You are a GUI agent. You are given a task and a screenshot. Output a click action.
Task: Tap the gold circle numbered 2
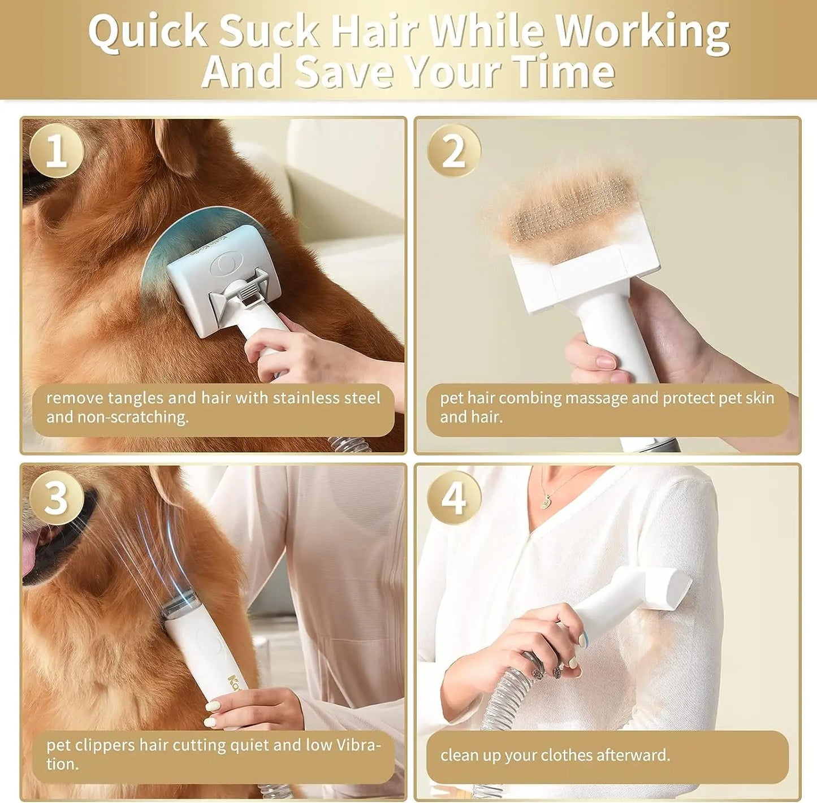(453, 151)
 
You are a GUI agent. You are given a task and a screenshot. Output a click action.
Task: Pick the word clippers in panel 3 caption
(111, 745)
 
